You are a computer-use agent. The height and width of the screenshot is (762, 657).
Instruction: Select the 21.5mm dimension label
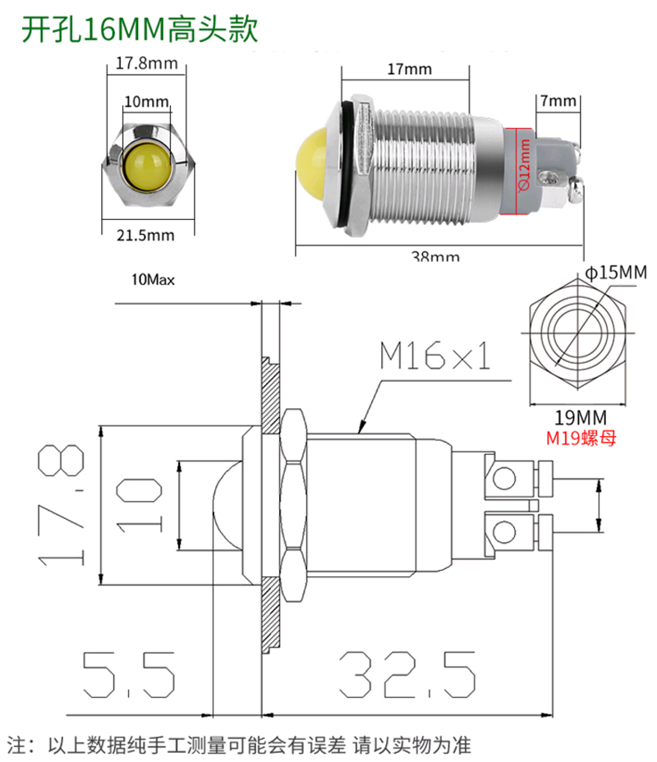[145, 236]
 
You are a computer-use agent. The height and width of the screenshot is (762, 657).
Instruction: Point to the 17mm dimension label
[408, 69]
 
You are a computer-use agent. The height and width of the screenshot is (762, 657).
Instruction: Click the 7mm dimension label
[558, 101]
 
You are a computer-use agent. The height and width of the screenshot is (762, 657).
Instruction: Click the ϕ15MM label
[616, 273]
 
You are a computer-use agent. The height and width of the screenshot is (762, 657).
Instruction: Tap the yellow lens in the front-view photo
[145, 161]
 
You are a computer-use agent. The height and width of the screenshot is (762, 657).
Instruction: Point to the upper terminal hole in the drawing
[504, 479]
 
